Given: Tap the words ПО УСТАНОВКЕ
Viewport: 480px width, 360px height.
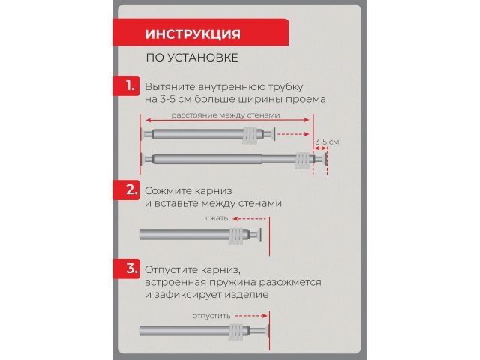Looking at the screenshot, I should click(x=192, y=58).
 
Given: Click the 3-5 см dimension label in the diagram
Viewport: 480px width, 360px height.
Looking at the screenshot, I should click(x=327, y=141).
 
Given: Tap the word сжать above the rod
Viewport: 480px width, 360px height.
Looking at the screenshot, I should click(x=216, y=219).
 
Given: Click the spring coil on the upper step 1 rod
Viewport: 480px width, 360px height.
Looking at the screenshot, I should click(x=252, y=136).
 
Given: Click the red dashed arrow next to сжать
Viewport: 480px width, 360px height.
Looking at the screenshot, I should click(x=243, y=220).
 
